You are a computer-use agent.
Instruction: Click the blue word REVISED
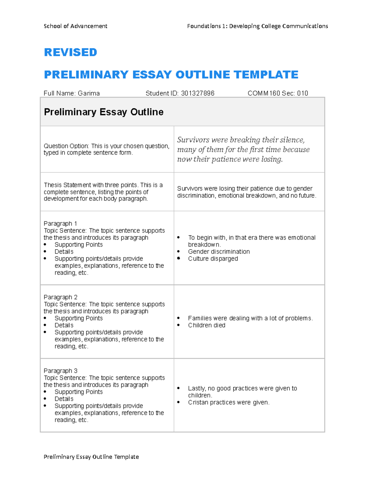point(70,52)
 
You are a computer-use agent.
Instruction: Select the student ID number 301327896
point(197,93)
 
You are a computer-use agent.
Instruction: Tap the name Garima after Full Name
point(89,93)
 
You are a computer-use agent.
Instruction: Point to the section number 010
point(302,93)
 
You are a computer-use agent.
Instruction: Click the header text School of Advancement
point(75,26)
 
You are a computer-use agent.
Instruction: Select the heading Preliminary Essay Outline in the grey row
point(104,112)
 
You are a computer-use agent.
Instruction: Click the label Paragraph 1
point(60,223)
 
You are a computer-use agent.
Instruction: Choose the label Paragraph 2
point(60,297)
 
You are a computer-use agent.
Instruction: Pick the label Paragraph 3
point(60,371)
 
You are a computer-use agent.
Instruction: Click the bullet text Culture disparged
point(213,259)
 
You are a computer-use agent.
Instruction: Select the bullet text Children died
point(206,325)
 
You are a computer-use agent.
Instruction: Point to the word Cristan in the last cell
point(198,403)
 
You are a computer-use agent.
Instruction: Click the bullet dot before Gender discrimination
point(179,251)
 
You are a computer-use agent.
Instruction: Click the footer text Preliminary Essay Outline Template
point(91,457)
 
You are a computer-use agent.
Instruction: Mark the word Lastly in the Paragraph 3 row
point(197,388)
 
